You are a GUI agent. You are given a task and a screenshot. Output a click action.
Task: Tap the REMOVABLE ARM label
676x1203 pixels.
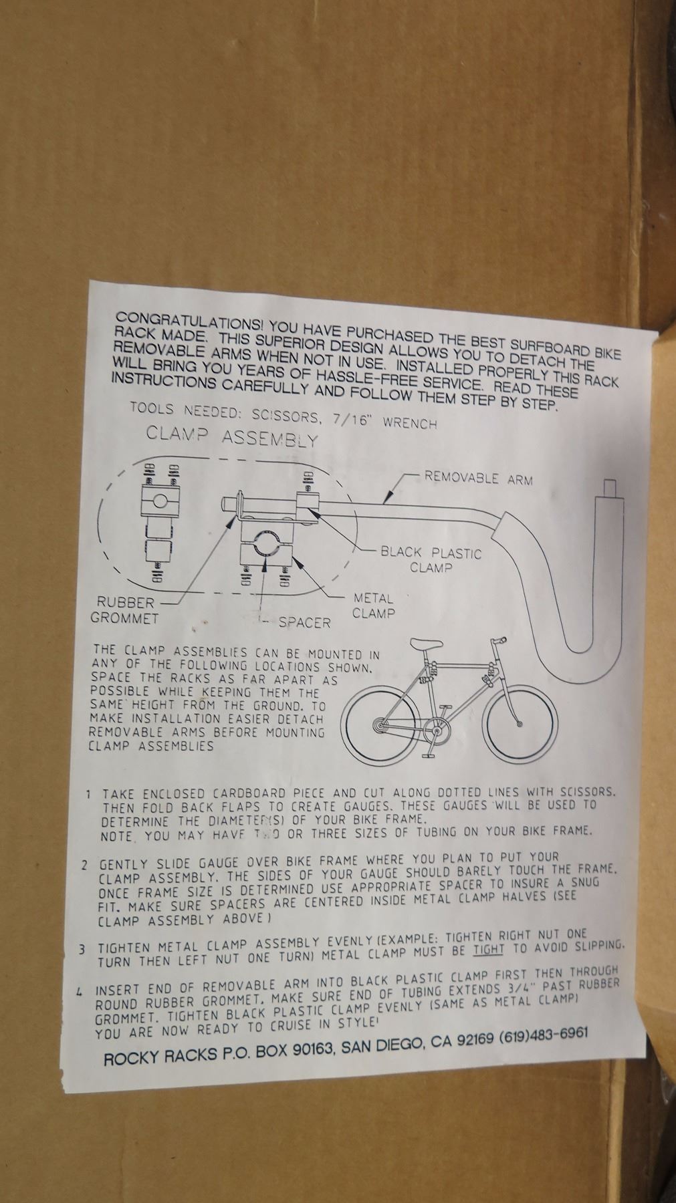(x=479, y=478)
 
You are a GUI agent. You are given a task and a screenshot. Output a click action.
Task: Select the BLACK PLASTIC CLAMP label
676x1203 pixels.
(x=431, y=560)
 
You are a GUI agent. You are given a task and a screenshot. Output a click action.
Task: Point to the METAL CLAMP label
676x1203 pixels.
(x=372, y=606)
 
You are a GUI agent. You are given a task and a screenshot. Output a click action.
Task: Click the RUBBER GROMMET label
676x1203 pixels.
(x=124, y=610)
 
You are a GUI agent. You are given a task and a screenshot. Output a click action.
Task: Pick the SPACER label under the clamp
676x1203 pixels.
(x=305, y=623)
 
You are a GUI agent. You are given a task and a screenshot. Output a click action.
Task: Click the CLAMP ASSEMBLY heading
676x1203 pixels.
(x=232, y=436)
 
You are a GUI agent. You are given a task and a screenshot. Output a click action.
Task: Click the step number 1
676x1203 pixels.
(x=88, y=794)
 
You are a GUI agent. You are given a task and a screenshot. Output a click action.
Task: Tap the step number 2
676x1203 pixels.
(x=85, y=864)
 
